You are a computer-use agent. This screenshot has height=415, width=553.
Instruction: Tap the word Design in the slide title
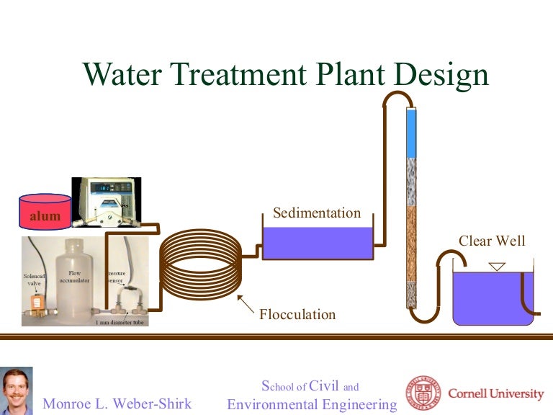pyautogui.click(x=443, y=73)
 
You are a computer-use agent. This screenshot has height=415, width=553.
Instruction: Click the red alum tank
pyautogui.click(x=45, y=210)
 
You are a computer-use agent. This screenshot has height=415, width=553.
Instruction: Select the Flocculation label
pyautogui.click(x=297, y=314)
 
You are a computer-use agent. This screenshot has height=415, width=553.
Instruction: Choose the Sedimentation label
pyautogui.click(x=316, y=213)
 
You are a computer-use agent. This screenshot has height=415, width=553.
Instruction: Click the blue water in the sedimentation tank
pyautogui.click(x=318, y=242)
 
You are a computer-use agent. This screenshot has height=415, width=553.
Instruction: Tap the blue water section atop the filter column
pyautogui.click(x=411, y=133)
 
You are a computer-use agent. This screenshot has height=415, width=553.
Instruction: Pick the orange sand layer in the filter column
pyautogui.click(x=411, y=245)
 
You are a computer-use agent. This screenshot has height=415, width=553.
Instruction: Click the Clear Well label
pyautogui.click(x=492, y=241)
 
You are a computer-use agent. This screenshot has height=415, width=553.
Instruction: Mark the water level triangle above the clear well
pyautogui.click(x=497, y=267)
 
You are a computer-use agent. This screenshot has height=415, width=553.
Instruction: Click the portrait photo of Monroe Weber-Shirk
pyautogui.click(x=17, y=391)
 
